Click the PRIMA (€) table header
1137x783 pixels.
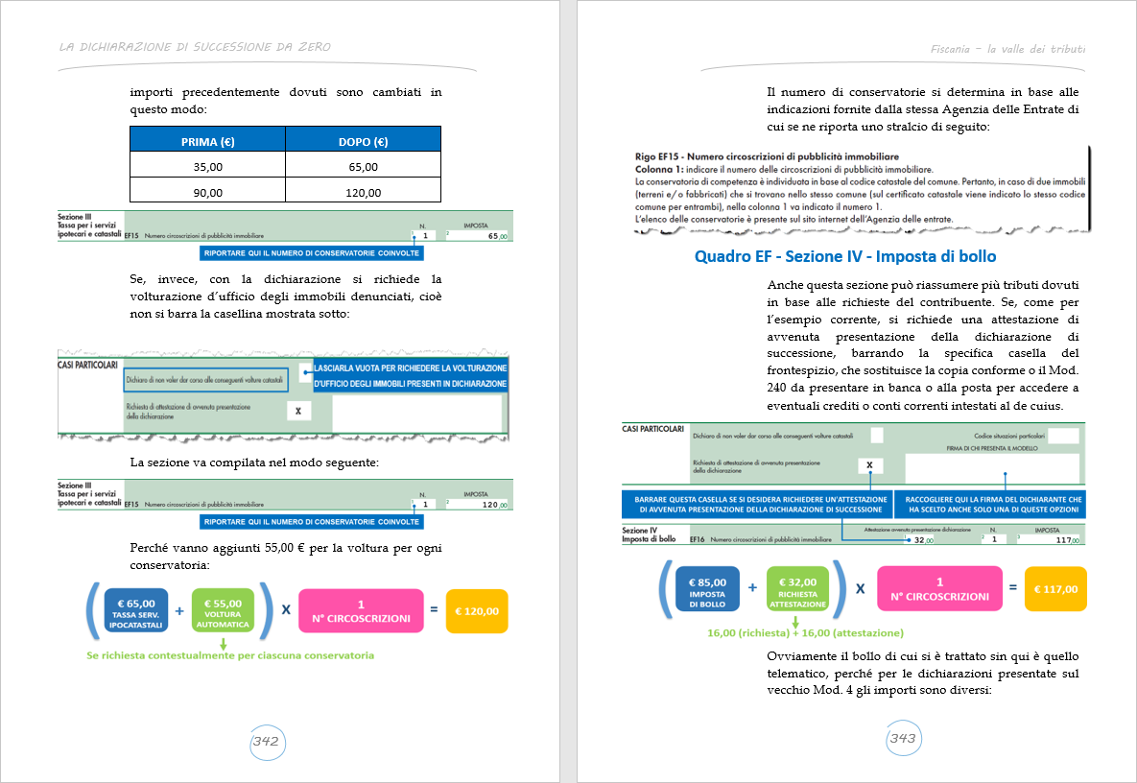click(x=207, y=142)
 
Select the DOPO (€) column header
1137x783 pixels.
click(x=363, y=142)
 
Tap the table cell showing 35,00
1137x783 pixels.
click(x=207, y=166)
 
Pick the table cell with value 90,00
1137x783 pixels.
click(x=207, y=192)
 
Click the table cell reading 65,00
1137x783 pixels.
click(x=363, y=166)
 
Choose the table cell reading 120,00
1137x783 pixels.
click(x=363, y=192)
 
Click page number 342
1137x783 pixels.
click(x=265, y=741)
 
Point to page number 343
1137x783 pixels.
click(x=902, y=739)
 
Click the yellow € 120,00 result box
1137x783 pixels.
click(x=477, y=610)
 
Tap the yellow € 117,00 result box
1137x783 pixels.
click(x=1055, y=588)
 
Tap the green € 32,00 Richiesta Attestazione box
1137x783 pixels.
click(x=796, y=587)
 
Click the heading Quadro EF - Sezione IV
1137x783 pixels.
click(x=844, y=256)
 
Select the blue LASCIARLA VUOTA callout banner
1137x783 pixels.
click(x=411, y=375)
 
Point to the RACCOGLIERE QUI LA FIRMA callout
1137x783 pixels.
click(x=989, y=505)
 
